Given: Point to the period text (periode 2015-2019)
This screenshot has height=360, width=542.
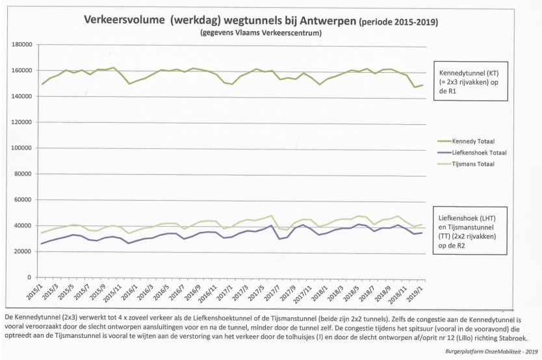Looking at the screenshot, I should point(398,21).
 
